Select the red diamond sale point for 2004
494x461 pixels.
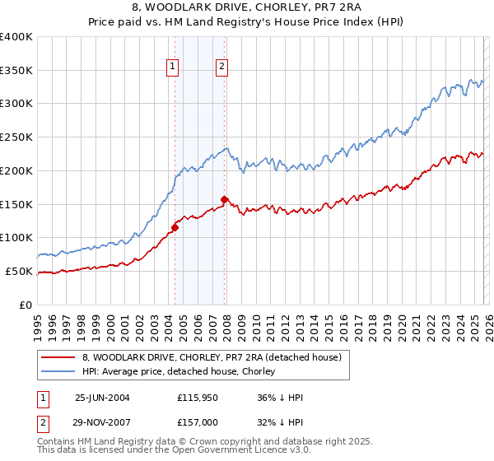(175, 227)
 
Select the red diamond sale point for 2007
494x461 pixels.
(225, 199)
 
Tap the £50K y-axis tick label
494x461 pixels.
(19, 271)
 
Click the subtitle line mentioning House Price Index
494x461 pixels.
(247, 22)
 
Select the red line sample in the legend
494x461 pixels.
(58, 357)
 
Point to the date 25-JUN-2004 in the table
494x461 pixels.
(102, 398)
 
